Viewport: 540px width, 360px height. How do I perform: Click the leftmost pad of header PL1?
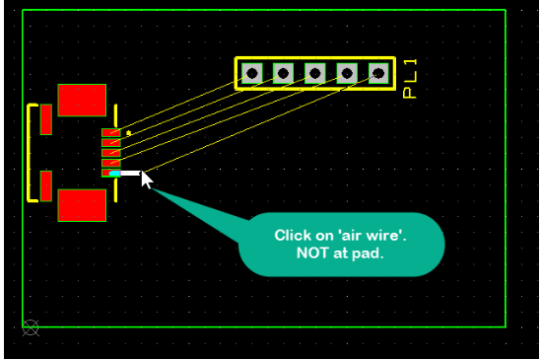(252, 73)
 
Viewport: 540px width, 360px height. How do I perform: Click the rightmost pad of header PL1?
(378, 73)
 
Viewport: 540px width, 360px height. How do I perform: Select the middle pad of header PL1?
(315, 73)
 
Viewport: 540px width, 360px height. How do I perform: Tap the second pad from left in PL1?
(284, 73)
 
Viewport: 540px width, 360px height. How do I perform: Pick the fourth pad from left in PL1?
(347, 73)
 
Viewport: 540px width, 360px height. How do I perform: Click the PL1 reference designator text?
(412, 78)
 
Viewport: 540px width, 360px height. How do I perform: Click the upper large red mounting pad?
(82, 101)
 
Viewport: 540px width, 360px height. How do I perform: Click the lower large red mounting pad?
(82, 204)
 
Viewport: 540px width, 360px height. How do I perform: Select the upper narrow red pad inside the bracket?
(45, 119)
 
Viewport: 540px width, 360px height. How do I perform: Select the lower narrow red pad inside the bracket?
(45, 184)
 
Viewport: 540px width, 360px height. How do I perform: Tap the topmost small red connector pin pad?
(110, 132)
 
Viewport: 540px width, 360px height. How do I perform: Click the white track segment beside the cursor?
(130, 173)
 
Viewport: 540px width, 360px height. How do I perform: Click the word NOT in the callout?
(313, 253)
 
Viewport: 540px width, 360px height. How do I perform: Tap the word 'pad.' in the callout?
(367, 253)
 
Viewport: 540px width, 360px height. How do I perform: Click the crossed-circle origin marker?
(31, 326)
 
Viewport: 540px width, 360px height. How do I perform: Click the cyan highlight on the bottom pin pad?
(114, 174)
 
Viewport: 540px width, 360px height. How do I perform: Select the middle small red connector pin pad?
(110, 153)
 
